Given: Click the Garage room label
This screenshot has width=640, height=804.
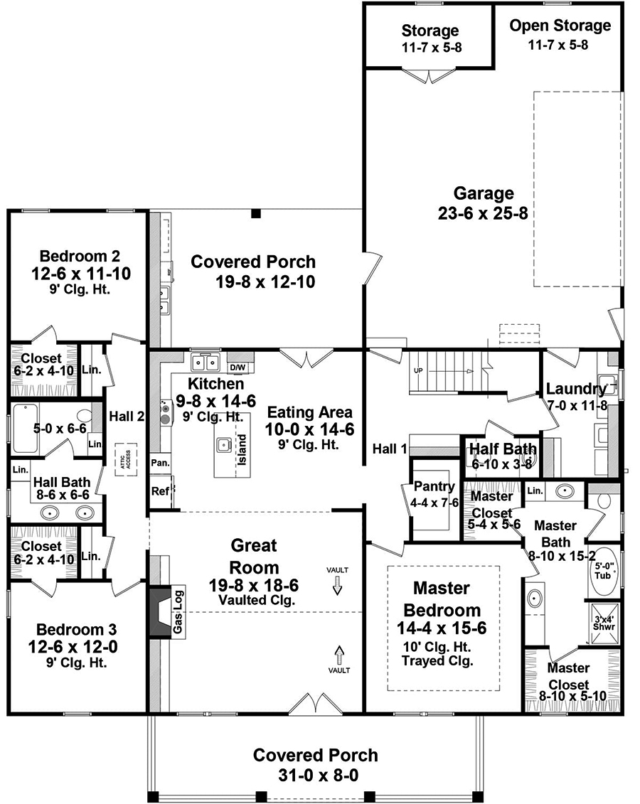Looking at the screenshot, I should pyautogui.click(x=483, y=193).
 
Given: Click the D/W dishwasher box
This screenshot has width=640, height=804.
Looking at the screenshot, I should pyautogui.click(x=238, y=367).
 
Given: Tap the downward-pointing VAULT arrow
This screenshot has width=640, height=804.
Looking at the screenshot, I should pyautogui.click(x=337, y=584).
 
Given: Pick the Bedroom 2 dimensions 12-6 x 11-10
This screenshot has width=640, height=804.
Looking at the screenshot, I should pyautogui.click(x=80, y=274).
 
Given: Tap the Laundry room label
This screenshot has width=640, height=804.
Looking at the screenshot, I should pyautogui.click(x=575, y=389).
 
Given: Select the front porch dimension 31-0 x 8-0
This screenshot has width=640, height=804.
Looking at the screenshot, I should pyautogui.click(x=316, y=775).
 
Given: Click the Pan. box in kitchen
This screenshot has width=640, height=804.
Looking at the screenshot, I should pyautogui.click(x=160, y=462).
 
